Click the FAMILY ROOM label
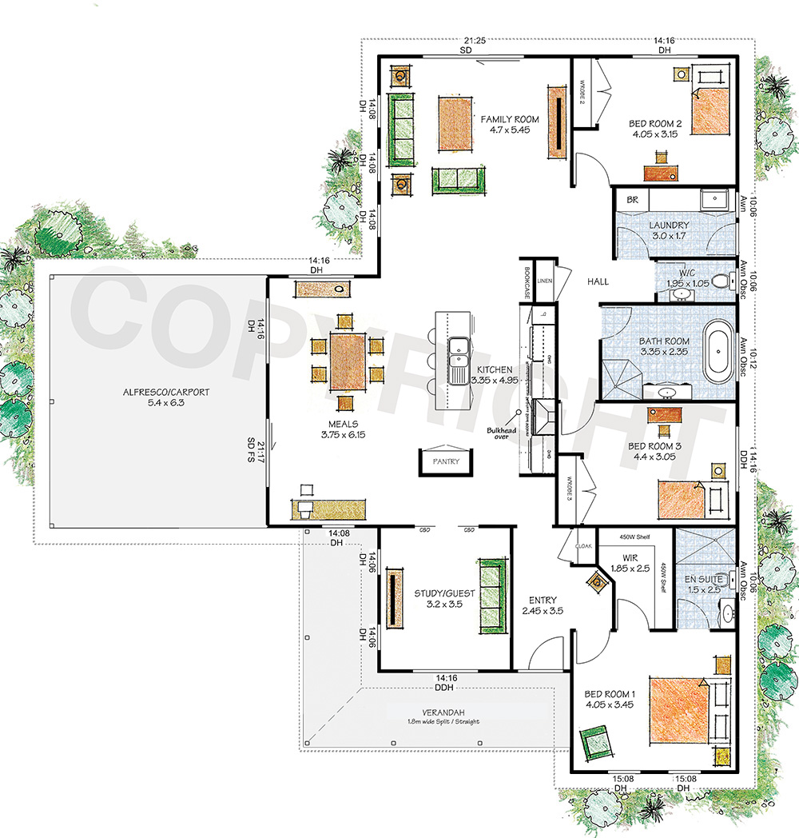509,119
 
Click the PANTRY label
446,461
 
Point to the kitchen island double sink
459,361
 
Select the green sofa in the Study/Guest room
491,593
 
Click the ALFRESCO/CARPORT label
166,393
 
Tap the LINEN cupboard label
545,281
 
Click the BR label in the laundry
631,199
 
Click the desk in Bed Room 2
662,172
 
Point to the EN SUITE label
704,578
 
